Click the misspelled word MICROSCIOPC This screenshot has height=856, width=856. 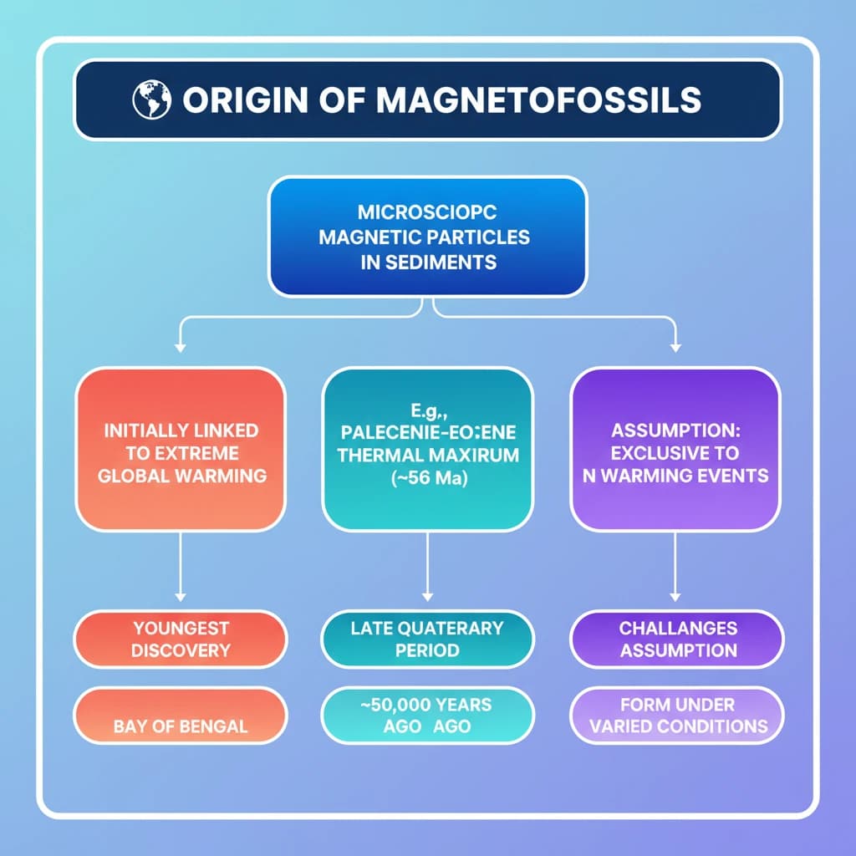coord(427,212)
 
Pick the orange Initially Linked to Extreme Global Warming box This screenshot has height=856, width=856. coord(181,452)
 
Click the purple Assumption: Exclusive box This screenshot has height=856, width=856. coord(675,452)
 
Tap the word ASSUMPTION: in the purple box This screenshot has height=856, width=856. coord(675,431)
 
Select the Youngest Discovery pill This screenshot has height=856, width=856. coord(181,639)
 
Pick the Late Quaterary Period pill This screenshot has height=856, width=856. coord(427,639)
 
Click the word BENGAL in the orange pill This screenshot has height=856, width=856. coord(215,726)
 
